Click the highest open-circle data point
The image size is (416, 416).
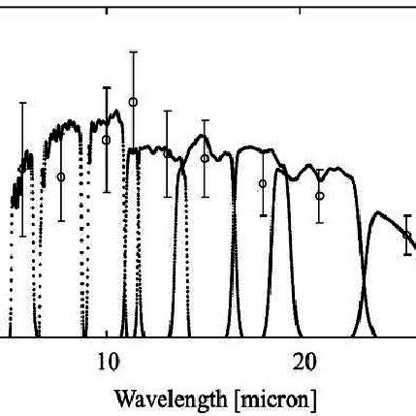click(133, 102)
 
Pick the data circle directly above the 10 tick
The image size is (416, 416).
click(107, 140)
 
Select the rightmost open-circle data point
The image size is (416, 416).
click(406, 234)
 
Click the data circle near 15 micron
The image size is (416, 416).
click(205, 158)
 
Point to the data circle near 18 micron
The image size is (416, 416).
click(263, 183)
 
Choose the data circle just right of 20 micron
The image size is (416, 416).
click(320, 196)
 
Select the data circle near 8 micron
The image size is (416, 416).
click(61, 176)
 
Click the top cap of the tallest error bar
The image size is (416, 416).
click(133, 51)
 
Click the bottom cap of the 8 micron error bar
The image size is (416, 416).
click(61, 221)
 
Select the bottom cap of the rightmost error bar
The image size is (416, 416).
click(406, 255)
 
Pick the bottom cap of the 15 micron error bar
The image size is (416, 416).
click(205, 196)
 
